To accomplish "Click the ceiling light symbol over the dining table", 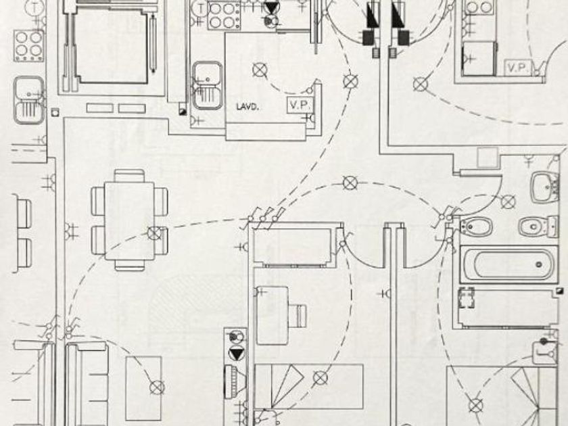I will click(x=156, y=233).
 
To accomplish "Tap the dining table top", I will click(x=128, y=220).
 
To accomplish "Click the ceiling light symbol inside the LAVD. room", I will click(x=258, y=69).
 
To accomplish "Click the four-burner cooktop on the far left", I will click(x=29, y=45).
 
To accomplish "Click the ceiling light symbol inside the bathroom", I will click(x=508, y=201).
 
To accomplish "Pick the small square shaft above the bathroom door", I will click(x=488, y=158).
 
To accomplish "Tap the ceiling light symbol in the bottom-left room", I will click(x=157, y=387).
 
